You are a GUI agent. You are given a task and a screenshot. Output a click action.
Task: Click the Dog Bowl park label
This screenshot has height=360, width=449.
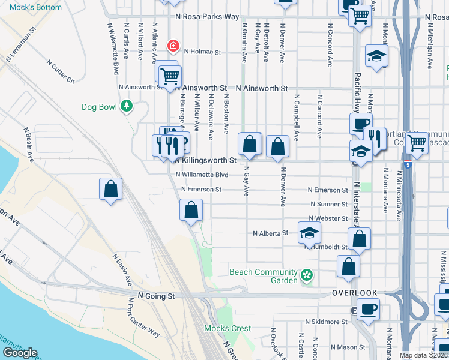tap(100, 107)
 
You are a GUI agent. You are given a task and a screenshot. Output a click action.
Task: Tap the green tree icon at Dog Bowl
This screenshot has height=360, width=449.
tap(126, 107)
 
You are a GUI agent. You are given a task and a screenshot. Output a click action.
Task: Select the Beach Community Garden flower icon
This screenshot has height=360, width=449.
tap(307, 275)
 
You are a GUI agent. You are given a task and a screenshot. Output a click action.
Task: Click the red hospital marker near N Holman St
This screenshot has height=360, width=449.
tap(173, 46)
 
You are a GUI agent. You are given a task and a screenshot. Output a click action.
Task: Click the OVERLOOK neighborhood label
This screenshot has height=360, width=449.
tap(355, 293)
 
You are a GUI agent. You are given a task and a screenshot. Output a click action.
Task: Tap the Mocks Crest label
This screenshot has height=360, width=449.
tap(228, 328)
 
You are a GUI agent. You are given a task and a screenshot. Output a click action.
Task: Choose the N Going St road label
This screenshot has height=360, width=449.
tap(156, 296)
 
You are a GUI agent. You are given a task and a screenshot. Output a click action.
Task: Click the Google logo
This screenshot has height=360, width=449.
tap(20, 353)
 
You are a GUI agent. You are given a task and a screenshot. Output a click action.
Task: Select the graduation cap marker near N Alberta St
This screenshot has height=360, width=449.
tap(309, 232)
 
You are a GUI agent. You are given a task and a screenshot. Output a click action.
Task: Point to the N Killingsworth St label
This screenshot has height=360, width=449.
tap(205, 161)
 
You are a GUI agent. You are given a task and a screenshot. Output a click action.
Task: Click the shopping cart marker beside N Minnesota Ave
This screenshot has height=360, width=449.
tap(415, 143)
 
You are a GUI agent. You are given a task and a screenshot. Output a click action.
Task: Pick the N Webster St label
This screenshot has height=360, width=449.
tap(328, 219)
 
